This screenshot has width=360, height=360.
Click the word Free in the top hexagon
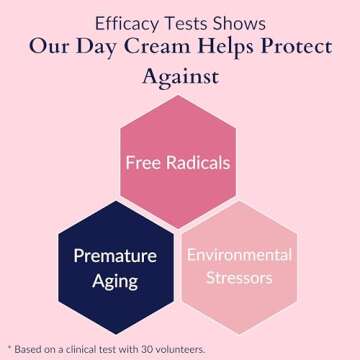point(143,162)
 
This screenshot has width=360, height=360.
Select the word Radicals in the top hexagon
point(198,162)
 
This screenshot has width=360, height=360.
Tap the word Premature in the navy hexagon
point(115,256)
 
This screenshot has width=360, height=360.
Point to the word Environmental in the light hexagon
point(239,255)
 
